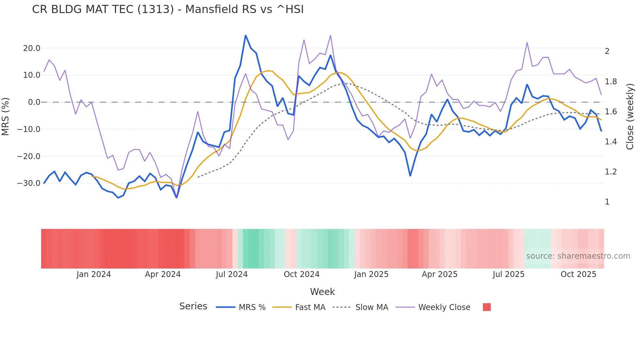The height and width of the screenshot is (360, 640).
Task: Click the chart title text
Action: pos(168,9)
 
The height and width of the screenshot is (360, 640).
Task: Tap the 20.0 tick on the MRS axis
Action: pos(31,48)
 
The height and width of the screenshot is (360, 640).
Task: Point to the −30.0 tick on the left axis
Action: pos(29,183)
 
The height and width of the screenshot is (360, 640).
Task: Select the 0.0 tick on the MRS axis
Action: pos(34,102)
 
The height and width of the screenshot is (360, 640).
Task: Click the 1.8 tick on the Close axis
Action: pos(611,82)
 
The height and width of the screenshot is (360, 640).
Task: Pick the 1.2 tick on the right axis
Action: pos(611,172)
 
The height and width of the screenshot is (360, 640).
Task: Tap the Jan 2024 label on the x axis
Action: pos(94,274)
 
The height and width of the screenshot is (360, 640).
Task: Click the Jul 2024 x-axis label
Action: pos(232,274)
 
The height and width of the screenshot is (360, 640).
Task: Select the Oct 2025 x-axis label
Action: pos(578,274)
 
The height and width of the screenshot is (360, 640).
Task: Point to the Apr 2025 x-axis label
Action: pos(440,274)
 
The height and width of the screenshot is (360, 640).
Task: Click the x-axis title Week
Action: pos(322,292)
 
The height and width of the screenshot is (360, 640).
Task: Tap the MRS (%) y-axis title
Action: pos(6,116)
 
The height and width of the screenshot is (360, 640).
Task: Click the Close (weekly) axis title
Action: pos(630,117)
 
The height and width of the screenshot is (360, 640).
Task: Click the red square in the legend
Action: pos(487,307)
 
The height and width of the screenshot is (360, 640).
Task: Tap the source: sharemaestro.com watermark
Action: pos(578,256)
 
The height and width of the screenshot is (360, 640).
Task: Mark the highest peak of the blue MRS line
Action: pos(246,35)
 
